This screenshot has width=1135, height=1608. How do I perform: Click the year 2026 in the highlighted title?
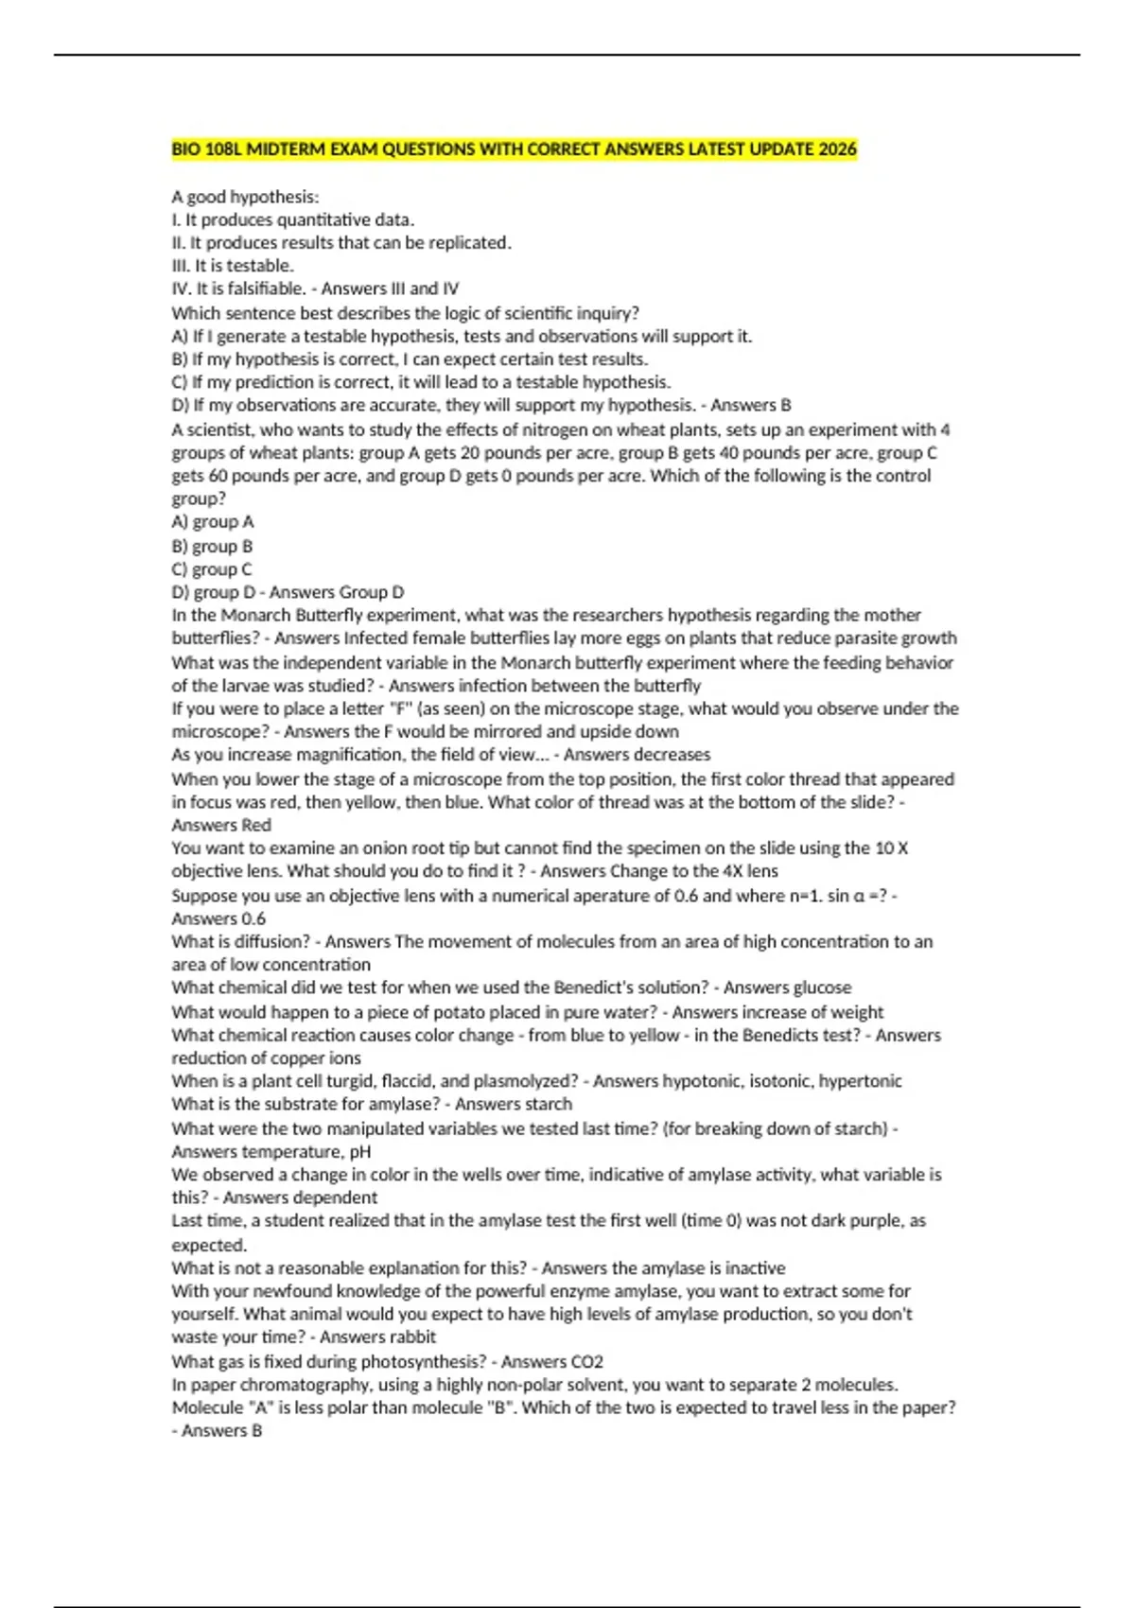(x=838, y=149)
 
